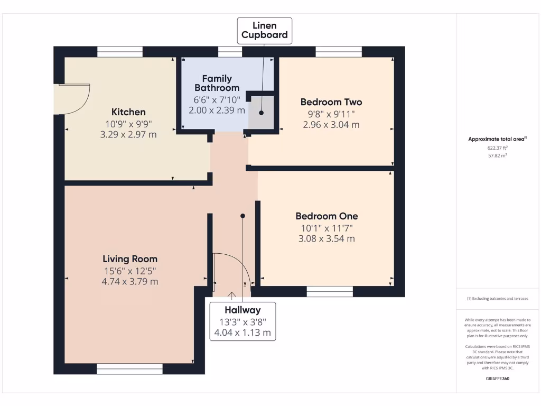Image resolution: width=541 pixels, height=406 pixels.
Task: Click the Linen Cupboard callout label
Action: pyautogui.click(x=265, y=30)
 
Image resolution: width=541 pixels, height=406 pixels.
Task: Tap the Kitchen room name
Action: pyautogui.click(x=128, y=112)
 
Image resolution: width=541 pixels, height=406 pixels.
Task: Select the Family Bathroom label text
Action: pyautogui.click(x=217, y=83)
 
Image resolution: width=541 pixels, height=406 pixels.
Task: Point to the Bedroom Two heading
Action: pyautogui.click(x=331, y=102)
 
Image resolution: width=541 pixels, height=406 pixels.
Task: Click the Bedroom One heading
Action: pyautogui.click(x=327, y=216)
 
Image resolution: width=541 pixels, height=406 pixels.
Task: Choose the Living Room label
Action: pyautogui.click(x=130, y=259)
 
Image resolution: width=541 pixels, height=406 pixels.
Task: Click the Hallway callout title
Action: pyautogui.click(x=242, y=310)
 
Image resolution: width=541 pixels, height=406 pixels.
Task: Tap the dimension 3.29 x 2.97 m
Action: pyautogui.click(x=128, y=134)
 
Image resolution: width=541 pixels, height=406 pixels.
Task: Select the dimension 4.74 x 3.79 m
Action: pyautogui.click(x=130, y=281)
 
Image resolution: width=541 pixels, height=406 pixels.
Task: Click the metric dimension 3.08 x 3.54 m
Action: pyautogui.click(x=327, y=238)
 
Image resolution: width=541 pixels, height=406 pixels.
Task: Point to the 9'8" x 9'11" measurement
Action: pyautogui.click(x=331, y=114)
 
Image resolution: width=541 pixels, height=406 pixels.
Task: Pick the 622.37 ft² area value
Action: pyautogui.click(x=497, y=148)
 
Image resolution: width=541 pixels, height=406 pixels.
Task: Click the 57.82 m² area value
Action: pyautogui.click(x=497, y=156)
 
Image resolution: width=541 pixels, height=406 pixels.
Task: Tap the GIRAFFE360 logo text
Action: pyautogui.click(x=498, y=379)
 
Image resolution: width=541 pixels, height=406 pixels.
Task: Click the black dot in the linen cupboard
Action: pyautogui.click(x=261, y=113)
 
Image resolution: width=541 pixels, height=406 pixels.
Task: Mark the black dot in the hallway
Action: pyautogui.click(x=242, y=216)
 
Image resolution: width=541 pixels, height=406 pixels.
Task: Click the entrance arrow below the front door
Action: pyautogui.click(x=231, y=296)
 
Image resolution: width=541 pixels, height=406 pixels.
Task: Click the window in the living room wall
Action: pyautogui.click(x=129, y=368)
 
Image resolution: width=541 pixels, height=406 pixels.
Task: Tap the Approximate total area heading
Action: pyautogui.click(x=497, y=139)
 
